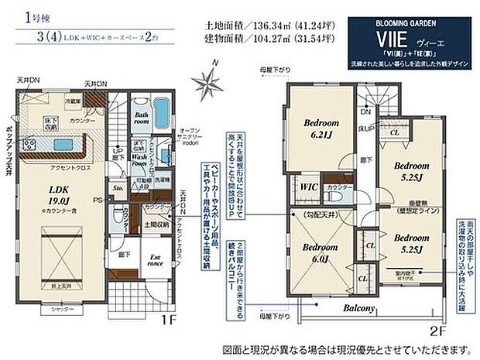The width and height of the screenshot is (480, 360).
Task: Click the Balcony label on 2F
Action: tap(355, 309)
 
